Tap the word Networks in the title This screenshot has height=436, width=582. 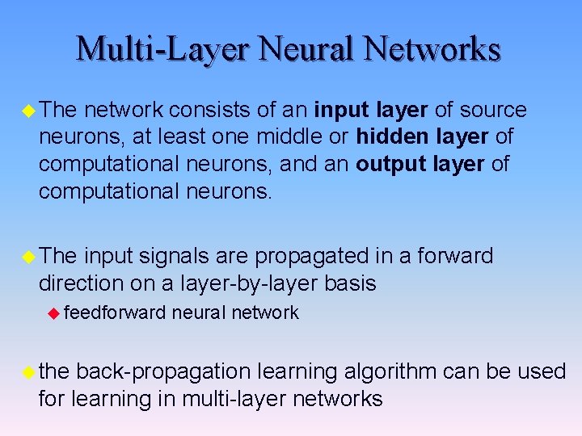point(432,48)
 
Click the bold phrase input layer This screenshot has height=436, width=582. point(371,110)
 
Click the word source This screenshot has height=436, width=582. point(494,110)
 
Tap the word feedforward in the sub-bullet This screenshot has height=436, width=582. point(114,312)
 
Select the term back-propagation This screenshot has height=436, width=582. point(164,372)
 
